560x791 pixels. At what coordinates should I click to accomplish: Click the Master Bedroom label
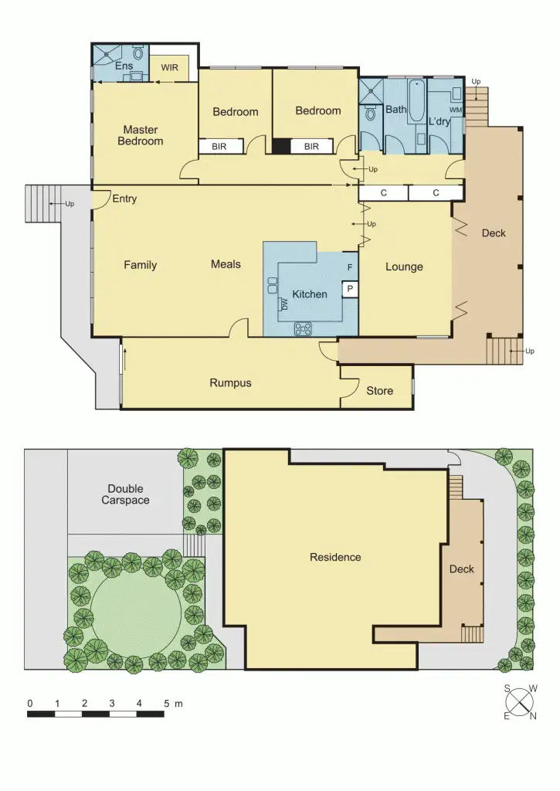click(x=140, y=135)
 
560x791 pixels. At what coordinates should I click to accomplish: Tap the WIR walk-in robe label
click(x=169, y=67)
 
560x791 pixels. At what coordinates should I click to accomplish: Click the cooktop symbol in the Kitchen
click(x=304, y=329)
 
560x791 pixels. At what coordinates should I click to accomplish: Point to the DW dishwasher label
click(x=284, y=305)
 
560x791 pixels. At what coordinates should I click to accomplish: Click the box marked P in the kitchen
click(x=350, y=289)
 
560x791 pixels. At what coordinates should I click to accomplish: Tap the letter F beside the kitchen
click(x=350, y=267)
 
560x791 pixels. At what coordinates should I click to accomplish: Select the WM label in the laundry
click(x=455, y=110)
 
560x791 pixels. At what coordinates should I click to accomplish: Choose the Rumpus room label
click(x=230, y=382)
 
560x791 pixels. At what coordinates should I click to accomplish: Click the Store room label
click(x=379, y=391)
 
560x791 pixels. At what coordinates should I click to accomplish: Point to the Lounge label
click(x=404, y=266)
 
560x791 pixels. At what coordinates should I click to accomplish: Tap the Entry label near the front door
click(x=124, y=199)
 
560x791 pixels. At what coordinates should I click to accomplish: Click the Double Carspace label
click(x=125, y=494)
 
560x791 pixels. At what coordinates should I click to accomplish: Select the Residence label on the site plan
click(x=335, y=557)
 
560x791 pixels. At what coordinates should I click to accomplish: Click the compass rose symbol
click(x=521, y=703)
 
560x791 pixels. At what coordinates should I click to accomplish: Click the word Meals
click(x=226, y=264)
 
